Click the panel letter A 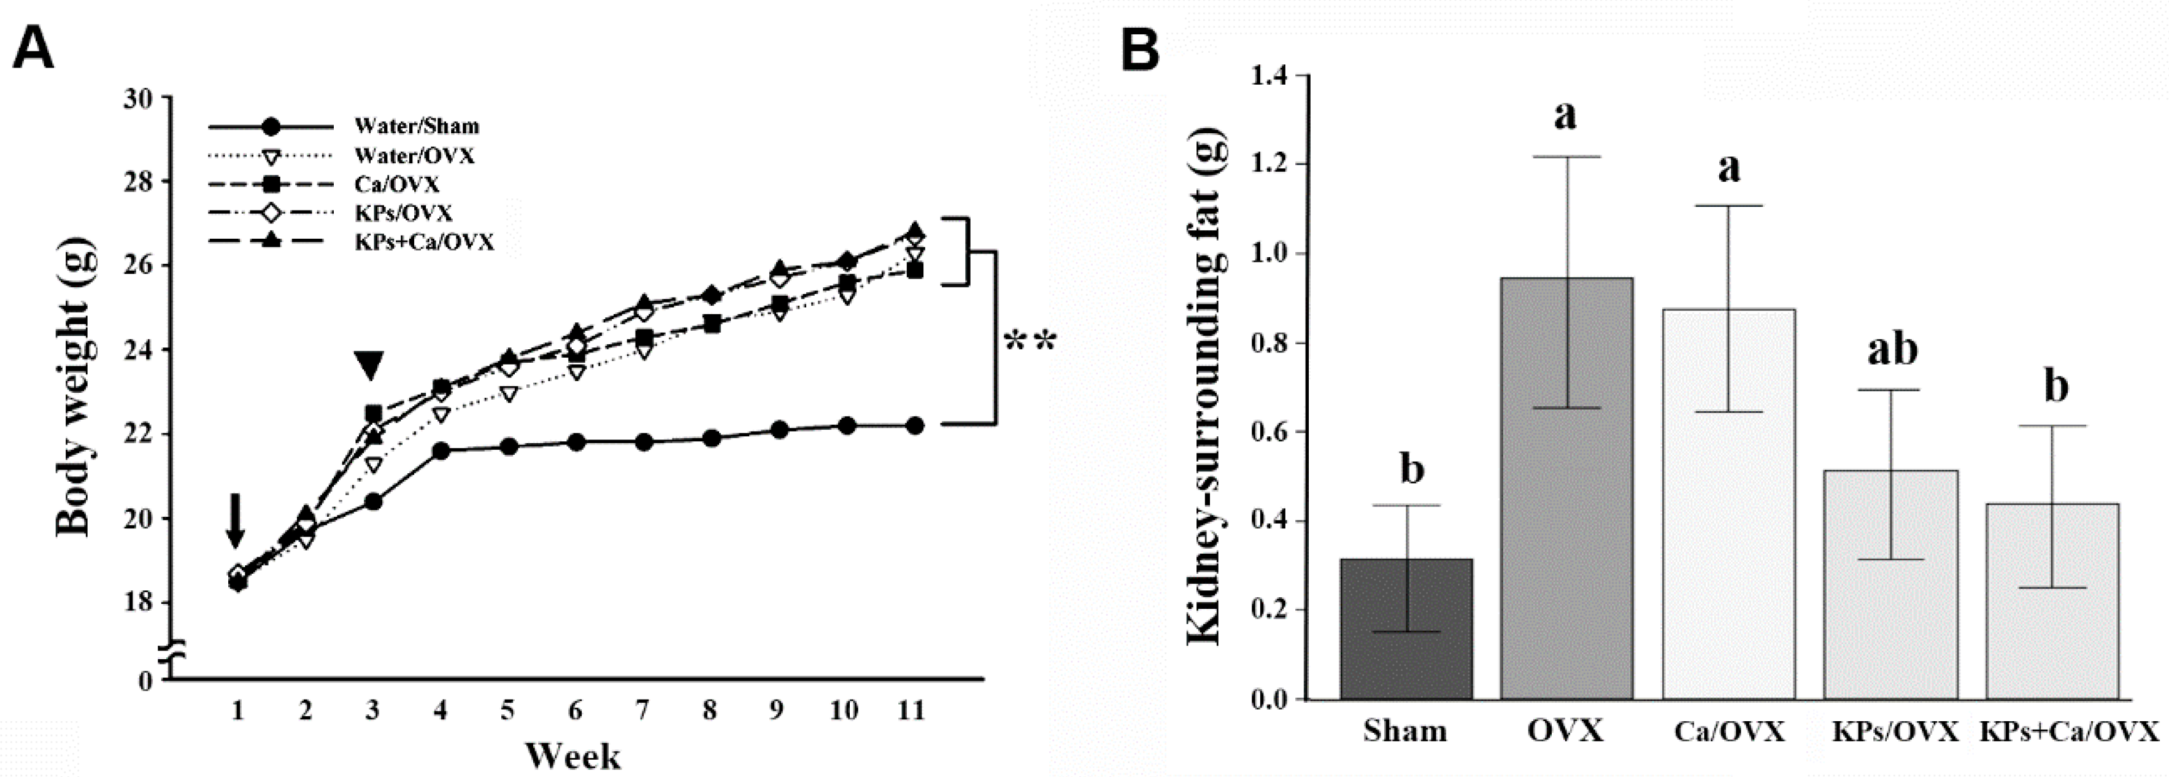coord(34,49)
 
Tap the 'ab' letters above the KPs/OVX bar coord(1893,349)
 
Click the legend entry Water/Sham coord(416,127)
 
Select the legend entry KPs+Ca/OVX coord(423,242)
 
